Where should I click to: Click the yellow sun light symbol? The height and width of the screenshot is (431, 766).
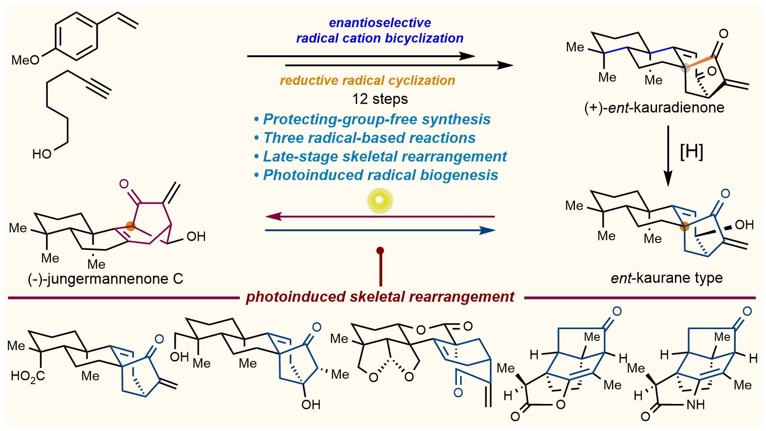pos(380,200)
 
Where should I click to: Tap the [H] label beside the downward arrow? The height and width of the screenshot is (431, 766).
pos(691,152)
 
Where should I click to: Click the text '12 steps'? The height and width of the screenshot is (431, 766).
pos(380,99)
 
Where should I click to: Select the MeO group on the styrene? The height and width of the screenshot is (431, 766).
pos(25,60)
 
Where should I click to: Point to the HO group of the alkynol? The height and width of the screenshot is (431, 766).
pos(42,154)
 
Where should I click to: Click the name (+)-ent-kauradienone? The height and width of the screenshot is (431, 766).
pos(654,108)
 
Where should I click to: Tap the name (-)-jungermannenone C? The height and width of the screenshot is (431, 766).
pos(105,279)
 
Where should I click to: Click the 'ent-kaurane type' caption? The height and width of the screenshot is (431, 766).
pos(666,278)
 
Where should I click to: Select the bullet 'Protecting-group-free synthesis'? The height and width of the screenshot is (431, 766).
pos(372,119)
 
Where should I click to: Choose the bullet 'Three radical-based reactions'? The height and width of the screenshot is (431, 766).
pos(365,138)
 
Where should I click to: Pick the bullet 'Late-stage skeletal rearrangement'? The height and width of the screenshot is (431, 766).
pos(380,156)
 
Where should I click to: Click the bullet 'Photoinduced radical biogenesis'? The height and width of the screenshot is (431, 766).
pos(376,175)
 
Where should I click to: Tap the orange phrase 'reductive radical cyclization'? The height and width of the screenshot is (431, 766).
pos(367,80)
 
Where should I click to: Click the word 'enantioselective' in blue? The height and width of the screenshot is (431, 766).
pos(380,23)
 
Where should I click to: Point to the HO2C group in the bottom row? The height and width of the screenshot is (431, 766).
pos(27,376)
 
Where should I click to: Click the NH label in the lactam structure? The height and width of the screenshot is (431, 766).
pos(696,405)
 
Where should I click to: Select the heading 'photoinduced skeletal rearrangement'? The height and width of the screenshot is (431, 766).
pos(380,297)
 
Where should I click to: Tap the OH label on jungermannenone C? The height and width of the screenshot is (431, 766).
pos(196,236)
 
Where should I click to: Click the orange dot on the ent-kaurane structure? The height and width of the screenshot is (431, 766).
pos(684,226)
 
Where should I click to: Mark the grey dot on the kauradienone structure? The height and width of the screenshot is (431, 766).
pos(685,68)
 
